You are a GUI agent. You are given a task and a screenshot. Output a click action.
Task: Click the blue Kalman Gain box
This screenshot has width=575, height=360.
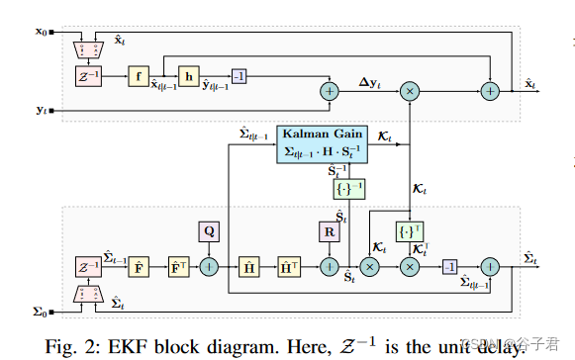click(324, 143)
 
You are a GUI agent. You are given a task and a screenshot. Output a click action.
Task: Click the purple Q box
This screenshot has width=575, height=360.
click(210, 232)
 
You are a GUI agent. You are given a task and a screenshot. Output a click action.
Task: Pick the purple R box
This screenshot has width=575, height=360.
click(331, 232)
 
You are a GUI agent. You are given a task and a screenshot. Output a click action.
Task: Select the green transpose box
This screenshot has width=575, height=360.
click(407, 232)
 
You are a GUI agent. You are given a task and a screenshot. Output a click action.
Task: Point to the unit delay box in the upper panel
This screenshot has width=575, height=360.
click(84, 75)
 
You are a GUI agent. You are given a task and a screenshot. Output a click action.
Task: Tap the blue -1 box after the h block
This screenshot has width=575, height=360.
click(239, 75)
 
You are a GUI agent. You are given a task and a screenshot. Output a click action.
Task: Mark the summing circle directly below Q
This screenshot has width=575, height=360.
click(210, 266)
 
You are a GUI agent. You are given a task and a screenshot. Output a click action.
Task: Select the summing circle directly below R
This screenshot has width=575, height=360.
click(331, 266)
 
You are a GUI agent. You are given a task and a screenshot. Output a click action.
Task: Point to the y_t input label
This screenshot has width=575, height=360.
click(42, 111)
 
